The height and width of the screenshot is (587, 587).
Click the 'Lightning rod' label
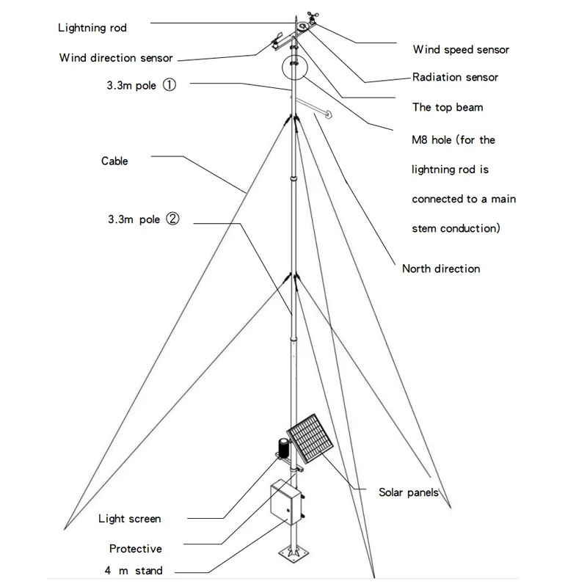92,28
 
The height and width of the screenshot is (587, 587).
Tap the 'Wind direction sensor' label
115,58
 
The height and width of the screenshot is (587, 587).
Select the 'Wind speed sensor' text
461,50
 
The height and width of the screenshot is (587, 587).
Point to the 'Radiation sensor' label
455,77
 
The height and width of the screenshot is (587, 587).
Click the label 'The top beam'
448,107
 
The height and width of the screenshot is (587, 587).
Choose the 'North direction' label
440,269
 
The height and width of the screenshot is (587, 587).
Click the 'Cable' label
114,161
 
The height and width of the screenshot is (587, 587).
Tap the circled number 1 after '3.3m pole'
169,85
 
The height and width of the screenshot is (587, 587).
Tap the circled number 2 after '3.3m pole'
172,218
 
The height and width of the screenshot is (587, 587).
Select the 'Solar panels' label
409,492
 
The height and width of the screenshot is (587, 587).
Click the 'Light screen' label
129,519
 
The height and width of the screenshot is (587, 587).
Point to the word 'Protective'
135,548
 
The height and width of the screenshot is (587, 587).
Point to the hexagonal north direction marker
328,114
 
